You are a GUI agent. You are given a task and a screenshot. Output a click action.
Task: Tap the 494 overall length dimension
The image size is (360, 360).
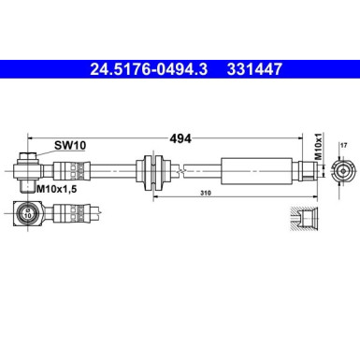point(180,138)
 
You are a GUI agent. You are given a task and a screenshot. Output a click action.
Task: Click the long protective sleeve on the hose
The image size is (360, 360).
point(252,171)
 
